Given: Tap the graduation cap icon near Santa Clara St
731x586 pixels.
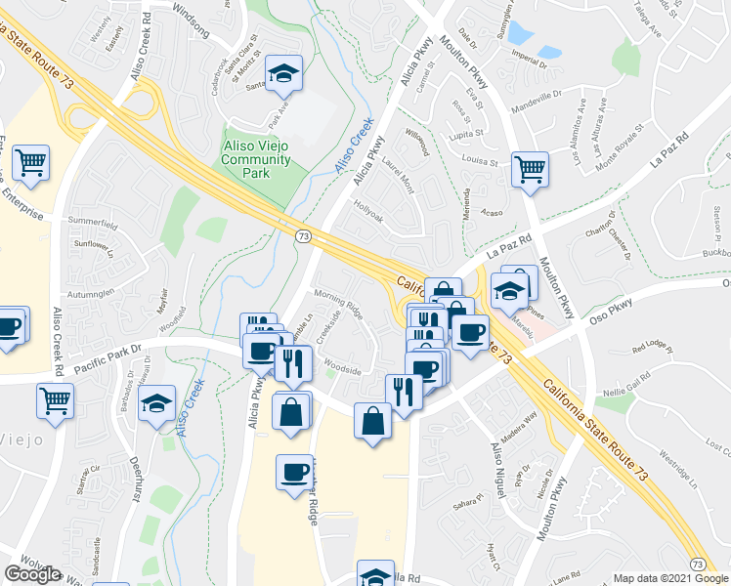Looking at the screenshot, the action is [x=283, y=73].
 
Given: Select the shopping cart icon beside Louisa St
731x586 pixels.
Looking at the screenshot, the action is [x=530, y=169].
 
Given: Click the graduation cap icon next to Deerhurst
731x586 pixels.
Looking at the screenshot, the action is [x=156, y=403].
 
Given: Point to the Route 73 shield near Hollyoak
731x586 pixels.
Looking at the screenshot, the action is [x=303, y=236].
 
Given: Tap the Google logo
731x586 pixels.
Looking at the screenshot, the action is [x=32, y=575].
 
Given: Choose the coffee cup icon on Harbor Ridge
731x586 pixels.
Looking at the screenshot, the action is [x=294, y=474].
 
